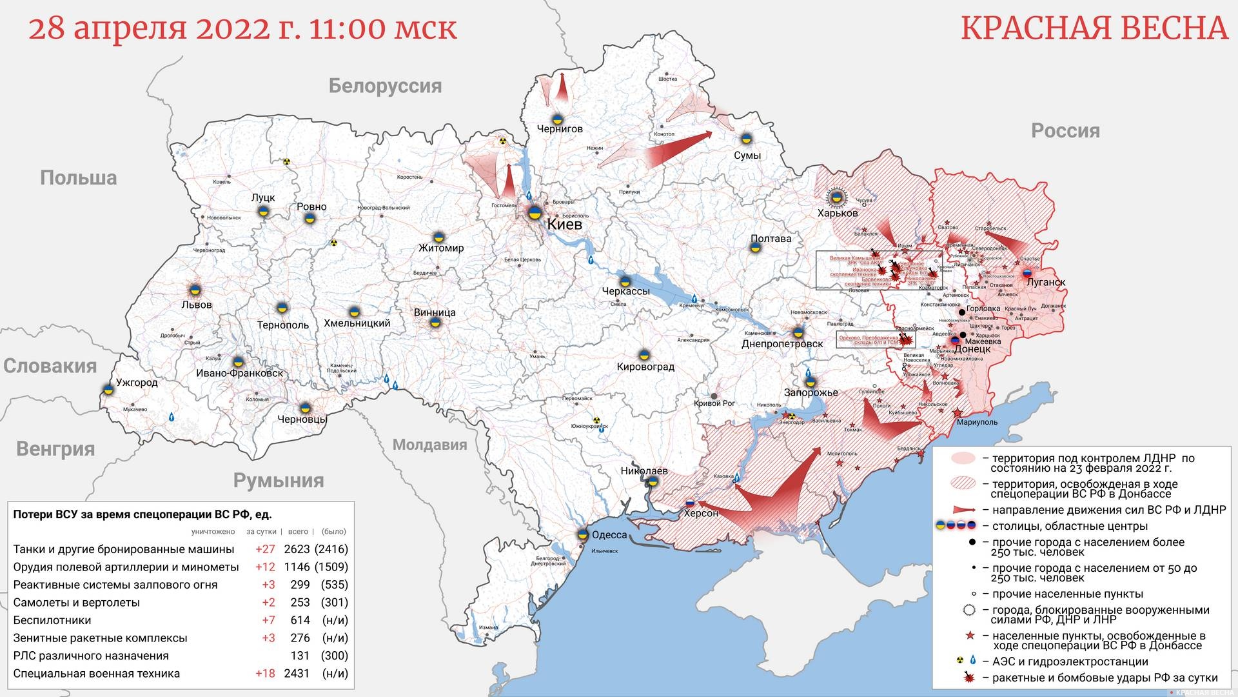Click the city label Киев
(x=564, y=225)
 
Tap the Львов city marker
(x=194, y=290)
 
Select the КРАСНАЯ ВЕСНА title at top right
(x=1094, y=28)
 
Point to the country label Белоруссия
(x=385, y=86)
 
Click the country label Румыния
(x=279, y=480)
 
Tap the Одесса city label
(x=609, y=535)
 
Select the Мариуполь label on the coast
(x=977, y=422)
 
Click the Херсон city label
(x=701, y=513)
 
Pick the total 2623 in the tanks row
(x=297, y=549)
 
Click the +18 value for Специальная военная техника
(x=264, y=673)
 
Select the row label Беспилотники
(x=52, y=620)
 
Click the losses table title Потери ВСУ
(x=142, y=514)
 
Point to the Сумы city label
(x=747, y=156)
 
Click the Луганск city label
(x=1046, y=282)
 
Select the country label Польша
(x=78, y=178)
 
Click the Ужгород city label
(x=137, y=382)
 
